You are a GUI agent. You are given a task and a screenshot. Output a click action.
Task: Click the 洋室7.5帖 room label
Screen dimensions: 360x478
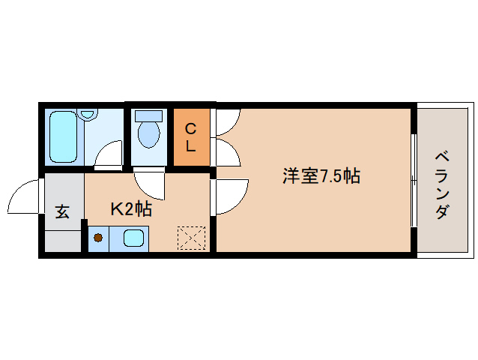(x=321, y=177)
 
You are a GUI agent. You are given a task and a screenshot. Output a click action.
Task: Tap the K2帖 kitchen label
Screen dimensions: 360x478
(x=131, y=209)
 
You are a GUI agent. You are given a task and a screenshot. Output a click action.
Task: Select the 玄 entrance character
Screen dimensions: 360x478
(x=62, y=212)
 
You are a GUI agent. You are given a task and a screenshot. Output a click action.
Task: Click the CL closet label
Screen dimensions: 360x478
(x=191, y=136)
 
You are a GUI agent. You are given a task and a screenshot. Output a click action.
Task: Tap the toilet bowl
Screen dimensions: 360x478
(x=149, y=135)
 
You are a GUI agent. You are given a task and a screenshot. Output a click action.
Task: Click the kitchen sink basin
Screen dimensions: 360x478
(x=135, y=239)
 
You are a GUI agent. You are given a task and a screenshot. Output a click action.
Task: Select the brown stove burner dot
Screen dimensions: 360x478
(x=97, y=239)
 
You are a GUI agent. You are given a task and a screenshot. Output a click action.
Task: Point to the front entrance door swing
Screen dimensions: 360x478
(x=25, y=198)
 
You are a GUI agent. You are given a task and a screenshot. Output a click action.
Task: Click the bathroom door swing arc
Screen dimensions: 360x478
(x=109, y=154)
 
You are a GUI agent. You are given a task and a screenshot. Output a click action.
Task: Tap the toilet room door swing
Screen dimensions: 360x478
(x=148, y=182)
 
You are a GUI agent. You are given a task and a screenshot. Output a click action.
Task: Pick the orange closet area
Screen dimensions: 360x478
(x=191, y=136)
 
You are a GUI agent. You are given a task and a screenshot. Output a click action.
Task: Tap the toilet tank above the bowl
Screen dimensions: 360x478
(x=148, y=116)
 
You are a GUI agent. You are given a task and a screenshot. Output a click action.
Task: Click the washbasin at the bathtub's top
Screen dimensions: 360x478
(x=88, y=115)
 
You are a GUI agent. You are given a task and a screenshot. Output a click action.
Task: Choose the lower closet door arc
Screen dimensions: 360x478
(x=227, y=151)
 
